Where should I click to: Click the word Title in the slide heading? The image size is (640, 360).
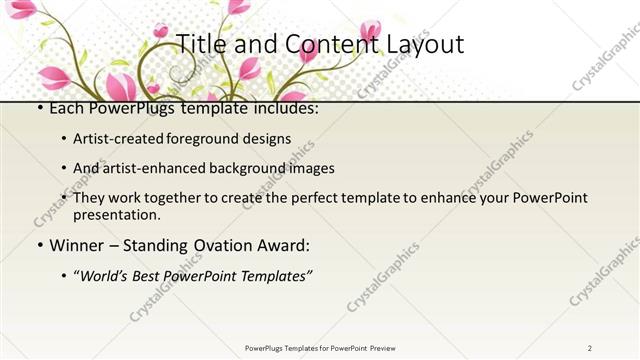(x=200, y=45)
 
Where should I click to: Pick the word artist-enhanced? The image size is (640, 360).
(x=150, y=168)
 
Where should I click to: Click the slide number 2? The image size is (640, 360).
(x=590, y=347)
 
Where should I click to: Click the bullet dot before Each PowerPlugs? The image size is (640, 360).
(x=38, y=108)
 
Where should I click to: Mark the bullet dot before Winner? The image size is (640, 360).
(x=38, y=245)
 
